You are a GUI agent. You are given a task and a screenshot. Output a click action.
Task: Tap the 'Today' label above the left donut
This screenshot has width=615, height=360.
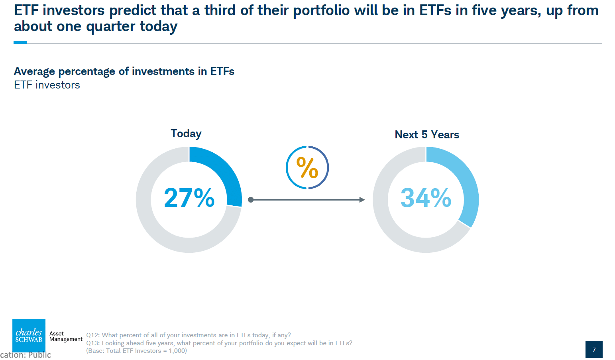tap(186, 134)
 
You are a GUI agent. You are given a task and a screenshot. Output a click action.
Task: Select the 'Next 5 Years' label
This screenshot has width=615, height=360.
tap(427, 135)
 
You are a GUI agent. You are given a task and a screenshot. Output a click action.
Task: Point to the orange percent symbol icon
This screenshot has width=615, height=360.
tap(307, 167)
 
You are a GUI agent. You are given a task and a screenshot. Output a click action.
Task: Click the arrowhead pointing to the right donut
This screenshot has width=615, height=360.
tap(362, 200)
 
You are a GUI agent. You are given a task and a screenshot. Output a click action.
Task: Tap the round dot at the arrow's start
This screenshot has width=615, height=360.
tap(251, 200)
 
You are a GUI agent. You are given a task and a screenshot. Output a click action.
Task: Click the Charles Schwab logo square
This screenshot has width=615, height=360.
tap(29, 335)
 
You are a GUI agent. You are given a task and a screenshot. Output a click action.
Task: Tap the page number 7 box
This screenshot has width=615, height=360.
tap(594, 349)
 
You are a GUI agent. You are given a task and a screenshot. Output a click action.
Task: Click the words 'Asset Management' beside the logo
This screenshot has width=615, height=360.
tap(66, 336)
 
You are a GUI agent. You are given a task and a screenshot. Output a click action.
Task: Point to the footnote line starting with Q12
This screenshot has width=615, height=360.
tap(189, 335)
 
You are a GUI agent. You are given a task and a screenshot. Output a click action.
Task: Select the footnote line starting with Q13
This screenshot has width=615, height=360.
tap(219, 343)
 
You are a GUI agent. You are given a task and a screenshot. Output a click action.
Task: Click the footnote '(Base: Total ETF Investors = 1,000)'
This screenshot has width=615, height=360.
tap(136, 351)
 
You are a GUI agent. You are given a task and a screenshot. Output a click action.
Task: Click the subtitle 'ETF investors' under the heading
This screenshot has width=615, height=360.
tap(47, 85)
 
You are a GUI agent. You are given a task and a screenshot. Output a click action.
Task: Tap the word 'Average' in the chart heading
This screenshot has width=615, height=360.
tap(34, 71)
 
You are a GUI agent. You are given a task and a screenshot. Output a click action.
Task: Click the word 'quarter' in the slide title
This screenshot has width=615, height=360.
tap(111, 27)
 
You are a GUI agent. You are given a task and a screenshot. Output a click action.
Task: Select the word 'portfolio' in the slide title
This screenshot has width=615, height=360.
tap(321, 11)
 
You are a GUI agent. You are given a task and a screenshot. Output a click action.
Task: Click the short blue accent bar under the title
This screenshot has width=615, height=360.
tap(20, 43)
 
